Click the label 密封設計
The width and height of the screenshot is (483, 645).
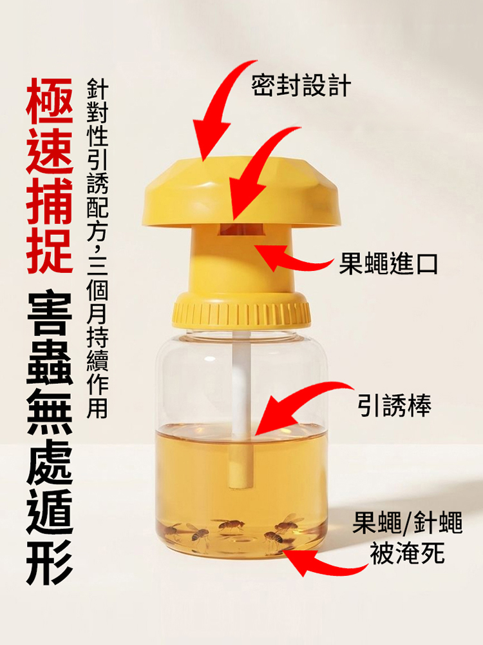(301, 84)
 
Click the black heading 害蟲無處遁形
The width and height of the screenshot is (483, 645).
(49, 439)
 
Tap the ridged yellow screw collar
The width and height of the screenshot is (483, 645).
(241, 311)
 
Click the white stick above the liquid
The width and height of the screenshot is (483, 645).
(241, 381)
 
